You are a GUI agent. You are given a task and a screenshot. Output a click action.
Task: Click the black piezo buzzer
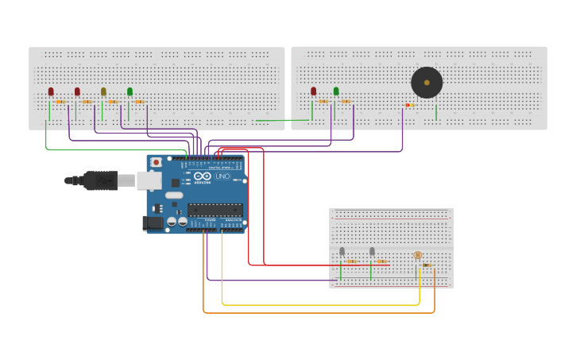(x=427, y=83)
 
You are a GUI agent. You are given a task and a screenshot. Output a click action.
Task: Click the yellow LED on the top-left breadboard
(x=103, y=92)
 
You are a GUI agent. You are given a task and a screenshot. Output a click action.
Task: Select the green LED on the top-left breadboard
(x=130, y=92)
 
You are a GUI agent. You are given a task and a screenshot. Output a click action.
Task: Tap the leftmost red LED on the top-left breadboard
(x=51, y=92)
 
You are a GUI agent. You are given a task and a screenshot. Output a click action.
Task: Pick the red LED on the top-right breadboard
(x=314, y=91)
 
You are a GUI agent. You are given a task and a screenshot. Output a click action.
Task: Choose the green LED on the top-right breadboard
(x=336, y=91)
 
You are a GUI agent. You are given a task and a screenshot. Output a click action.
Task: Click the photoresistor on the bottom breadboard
(x=418, y=255)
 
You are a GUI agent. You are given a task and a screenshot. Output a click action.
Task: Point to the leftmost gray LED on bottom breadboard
(x=342, y=251)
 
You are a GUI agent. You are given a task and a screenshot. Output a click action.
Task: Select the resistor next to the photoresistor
(x=427, y=265)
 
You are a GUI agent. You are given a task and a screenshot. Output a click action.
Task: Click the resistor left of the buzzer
(x=410, y=105)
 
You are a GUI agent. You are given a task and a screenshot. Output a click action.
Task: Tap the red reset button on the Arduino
(x=156, y=162)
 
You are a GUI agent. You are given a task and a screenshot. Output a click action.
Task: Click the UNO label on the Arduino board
(x=222, y=176)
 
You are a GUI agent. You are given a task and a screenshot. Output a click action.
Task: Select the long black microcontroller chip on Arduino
(x=215, y=210)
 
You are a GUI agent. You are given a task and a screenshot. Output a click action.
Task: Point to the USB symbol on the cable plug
(x=102, y=180)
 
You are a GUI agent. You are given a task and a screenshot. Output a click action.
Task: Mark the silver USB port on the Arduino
(x=149, y=180)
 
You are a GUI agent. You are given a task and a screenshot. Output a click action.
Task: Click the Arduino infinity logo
(x=203, y=176)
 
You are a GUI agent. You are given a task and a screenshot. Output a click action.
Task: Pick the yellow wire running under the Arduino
(x=318, y=304)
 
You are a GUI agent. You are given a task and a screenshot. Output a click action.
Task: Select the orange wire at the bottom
(x=318, y=313)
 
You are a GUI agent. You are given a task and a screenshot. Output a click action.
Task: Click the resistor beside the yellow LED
(x=113, y=102)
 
